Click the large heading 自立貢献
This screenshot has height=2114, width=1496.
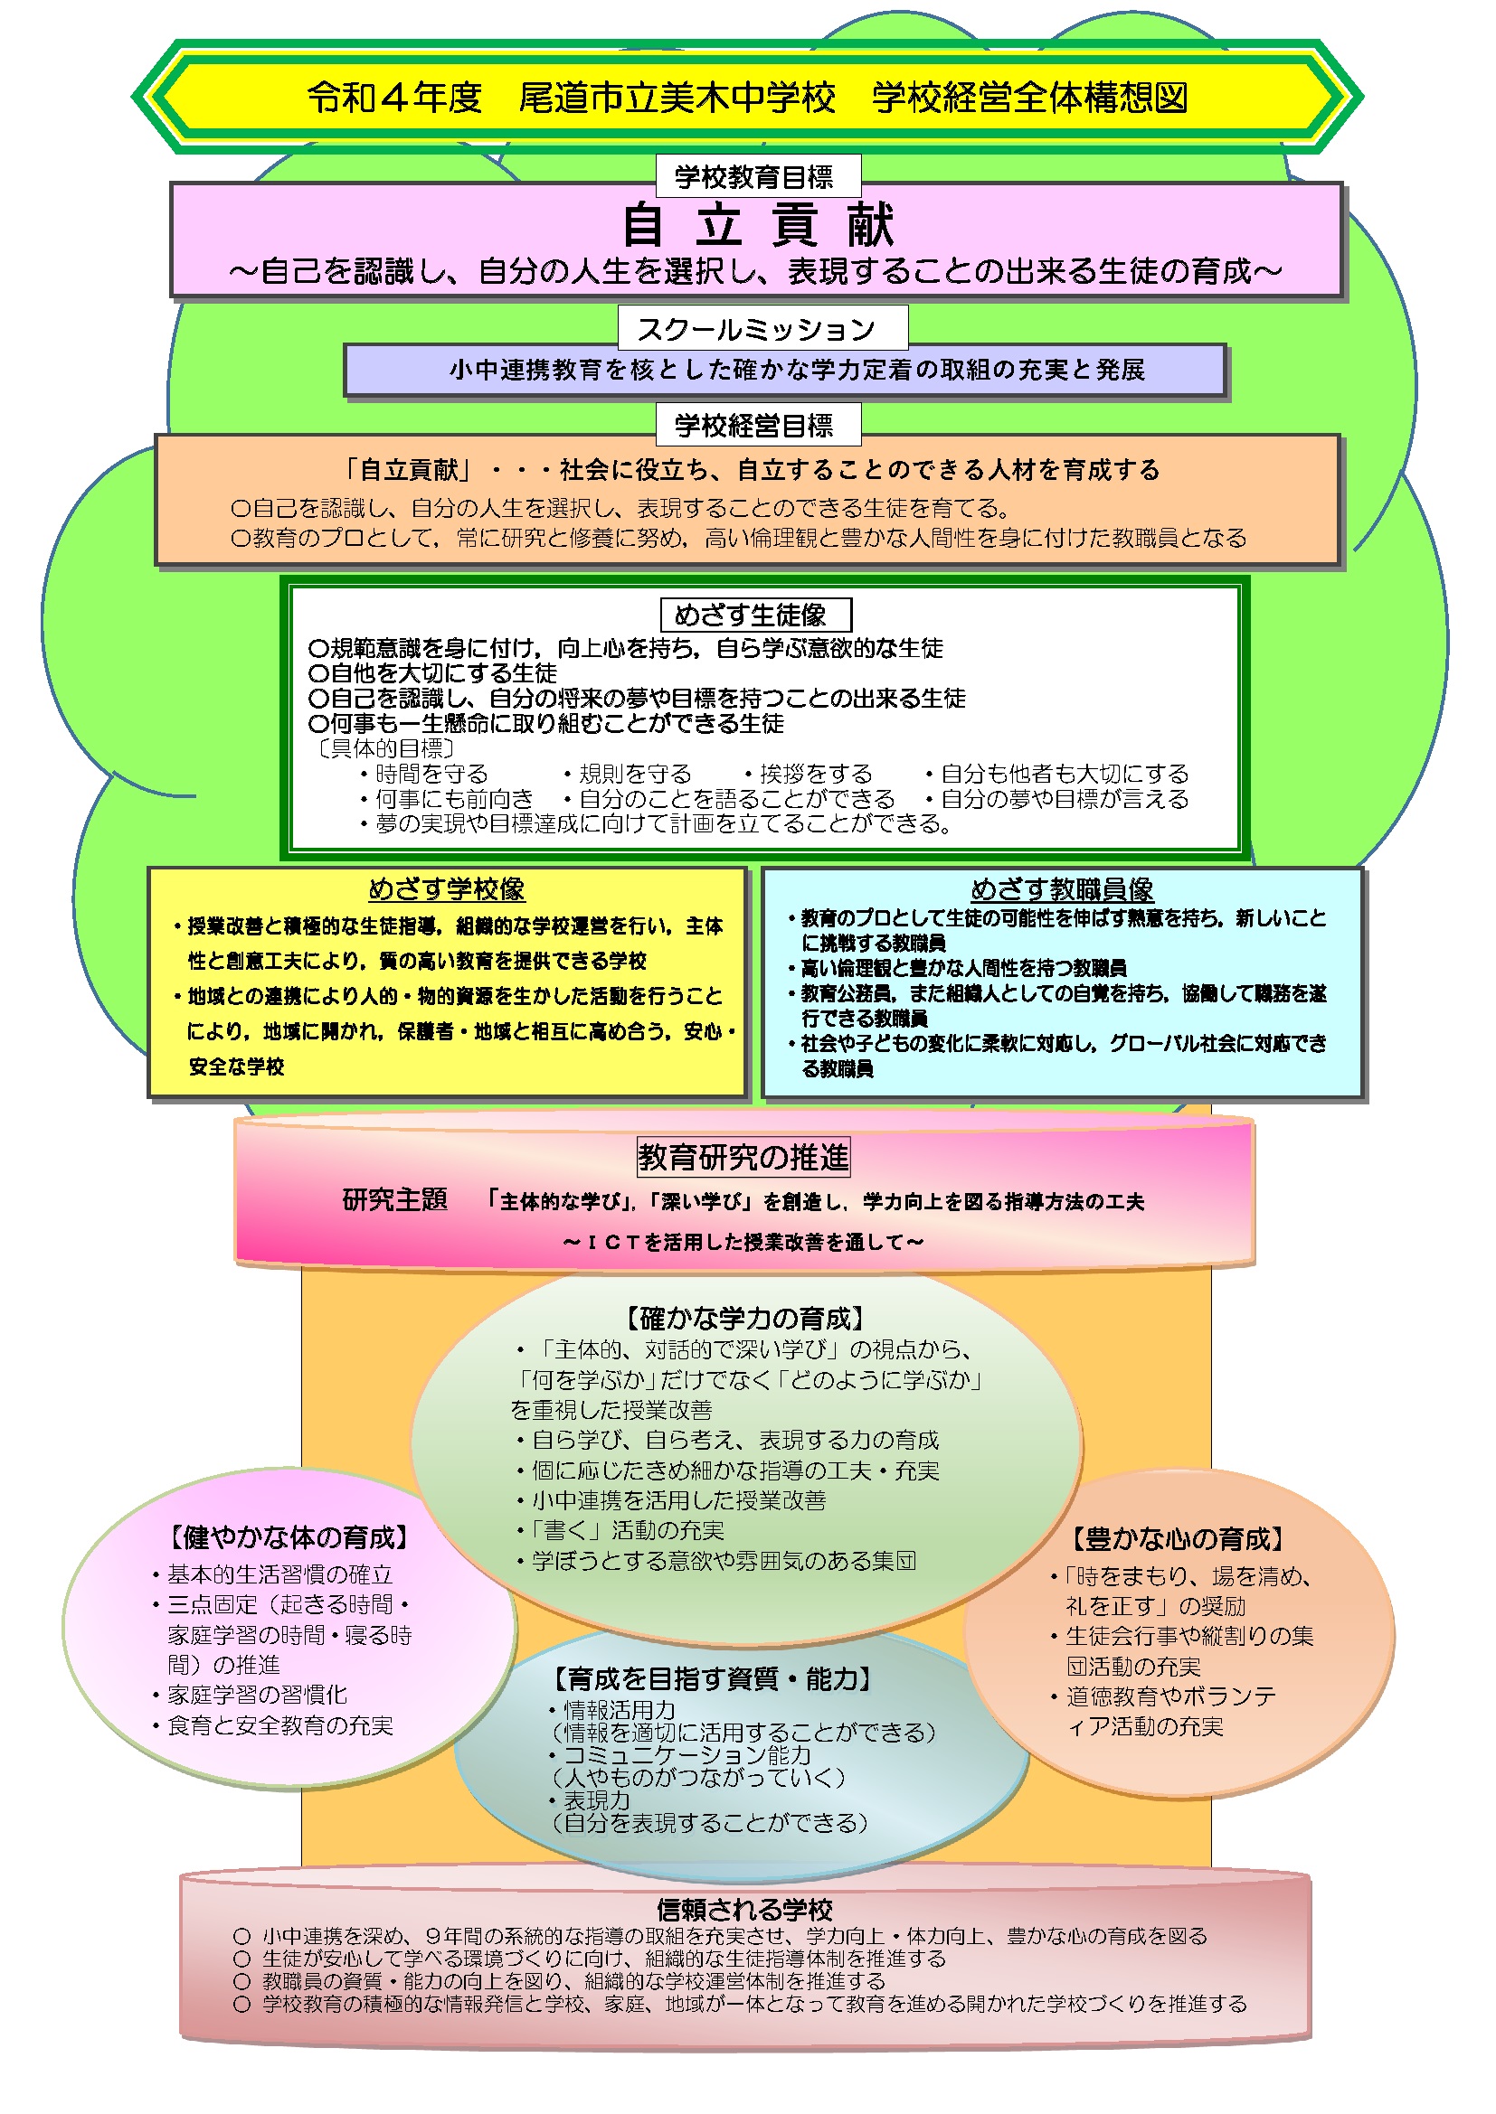pos(757,225)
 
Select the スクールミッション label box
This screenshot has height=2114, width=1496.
pos(762,329)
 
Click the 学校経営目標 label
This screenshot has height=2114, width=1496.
pos(757,425)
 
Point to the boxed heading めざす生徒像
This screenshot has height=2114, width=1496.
pos(755,614)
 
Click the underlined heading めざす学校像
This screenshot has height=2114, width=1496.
pos(447,888)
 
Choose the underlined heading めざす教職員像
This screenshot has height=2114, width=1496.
pos(1062,888)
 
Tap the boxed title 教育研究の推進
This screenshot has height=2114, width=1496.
pos(743,1158)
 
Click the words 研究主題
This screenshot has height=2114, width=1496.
pos(395,1199)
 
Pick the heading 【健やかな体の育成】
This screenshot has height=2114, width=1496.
pos(289,1536)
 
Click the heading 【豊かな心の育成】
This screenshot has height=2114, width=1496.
pos(1178,1538)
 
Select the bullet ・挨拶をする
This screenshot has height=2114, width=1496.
pos(807,774)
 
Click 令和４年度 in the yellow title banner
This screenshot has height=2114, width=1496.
pos(394,97)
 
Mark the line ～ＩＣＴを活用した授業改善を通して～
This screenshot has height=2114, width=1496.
pos(743,1242)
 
